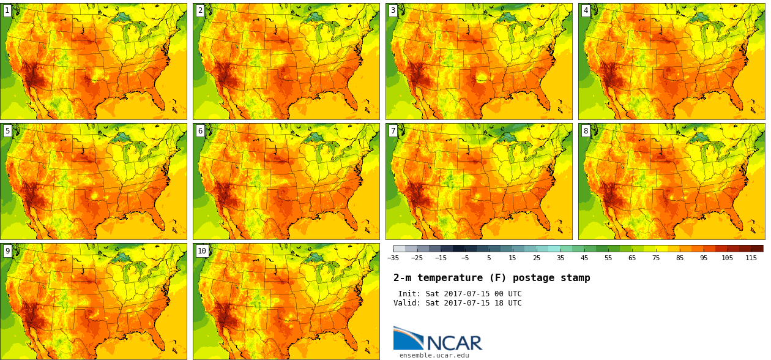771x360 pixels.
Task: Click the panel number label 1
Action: [x=7, y=10]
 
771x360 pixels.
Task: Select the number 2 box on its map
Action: [x=200, y=10]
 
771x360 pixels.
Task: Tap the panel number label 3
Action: [x=393, y=10]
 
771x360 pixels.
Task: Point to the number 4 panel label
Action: [x=586, y=10]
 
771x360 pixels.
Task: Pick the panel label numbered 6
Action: [x=200, y=131]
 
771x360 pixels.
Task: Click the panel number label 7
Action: [x=393, y=131]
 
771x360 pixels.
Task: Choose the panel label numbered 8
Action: [x=586, y=131]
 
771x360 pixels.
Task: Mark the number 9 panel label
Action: [x=7, y=251]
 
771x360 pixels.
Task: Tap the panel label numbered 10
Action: [x=202, y=251]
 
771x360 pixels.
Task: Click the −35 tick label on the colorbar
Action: [x=393, y=258]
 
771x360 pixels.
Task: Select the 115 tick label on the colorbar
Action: [x=751, y=258]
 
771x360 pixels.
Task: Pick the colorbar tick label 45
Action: [x=584, y=258]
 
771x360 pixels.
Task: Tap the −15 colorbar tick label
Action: [x=441, y=258]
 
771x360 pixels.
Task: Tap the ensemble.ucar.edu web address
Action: [x=434, y=355]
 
